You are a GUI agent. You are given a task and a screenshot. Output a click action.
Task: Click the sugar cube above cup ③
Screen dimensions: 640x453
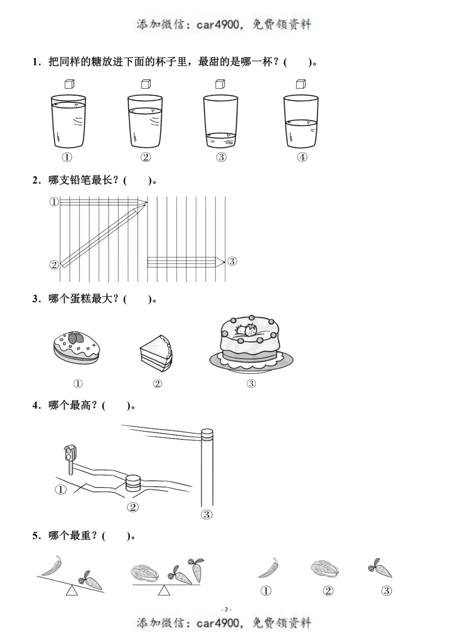220,84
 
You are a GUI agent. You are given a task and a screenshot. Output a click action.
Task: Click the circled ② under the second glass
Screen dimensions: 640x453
146,158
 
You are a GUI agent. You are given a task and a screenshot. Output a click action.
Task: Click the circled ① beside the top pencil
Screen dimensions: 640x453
54,202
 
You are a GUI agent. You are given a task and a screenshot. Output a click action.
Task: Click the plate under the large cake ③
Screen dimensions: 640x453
251,363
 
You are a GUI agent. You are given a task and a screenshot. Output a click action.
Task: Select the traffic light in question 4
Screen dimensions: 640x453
70,452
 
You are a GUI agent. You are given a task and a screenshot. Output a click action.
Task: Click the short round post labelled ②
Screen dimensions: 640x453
133,483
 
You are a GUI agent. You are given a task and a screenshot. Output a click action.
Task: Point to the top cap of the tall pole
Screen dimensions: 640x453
207,433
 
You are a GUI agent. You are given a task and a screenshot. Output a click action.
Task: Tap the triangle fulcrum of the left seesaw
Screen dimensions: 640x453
72,591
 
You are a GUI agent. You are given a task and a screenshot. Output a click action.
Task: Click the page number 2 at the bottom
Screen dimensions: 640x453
226,609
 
